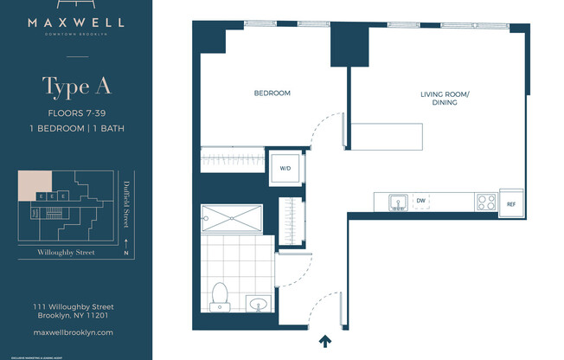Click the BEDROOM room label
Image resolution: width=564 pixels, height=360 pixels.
272,93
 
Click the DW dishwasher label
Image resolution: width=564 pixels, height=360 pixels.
420,201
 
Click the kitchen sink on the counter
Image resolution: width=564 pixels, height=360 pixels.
398,202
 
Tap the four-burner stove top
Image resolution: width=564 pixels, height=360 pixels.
485,202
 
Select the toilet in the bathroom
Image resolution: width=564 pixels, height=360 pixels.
221,295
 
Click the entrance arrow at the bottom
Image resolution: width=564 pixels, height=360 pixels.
325,341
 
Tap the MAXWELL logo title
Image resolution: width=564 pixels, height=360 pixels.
78,23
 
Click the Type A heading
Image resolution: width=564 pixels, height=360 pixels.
77,87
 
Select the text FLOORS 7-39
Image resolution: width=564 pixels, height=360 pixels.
77,112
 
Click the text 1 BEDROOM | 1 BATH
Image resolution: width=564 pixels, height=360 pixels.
77,128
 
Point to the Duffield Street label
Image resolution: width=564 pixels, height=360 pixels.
126,200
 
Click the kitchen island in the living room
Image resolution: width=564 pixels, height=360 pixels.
387,137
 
